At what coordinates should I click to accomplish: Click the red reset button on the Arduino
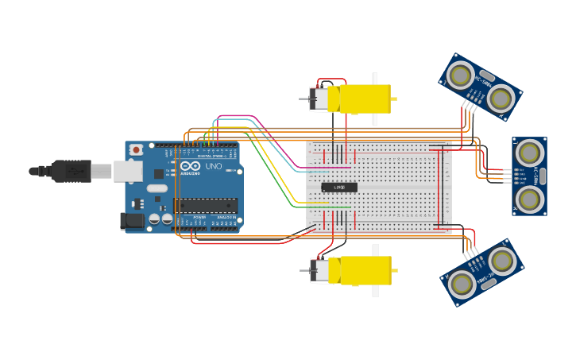136,149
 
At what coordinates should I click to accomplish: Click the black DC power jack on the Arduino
131,221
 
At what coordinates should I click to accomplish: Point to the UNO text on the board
214,166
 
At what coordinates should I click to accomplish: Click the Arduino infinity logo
190,166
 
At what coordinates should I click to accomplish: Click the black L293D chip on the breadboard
339,187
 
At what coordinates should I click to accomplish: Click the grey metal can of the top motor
319,99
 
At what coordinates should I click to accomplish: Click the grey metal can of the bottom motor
319,271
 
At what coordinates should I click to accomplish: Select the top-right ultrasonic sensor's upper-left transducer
460,75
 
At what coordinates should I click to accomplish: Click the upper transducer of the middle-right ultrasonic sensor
529,151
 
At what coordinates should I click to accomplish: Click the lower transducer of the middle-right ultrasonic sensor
529,199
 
